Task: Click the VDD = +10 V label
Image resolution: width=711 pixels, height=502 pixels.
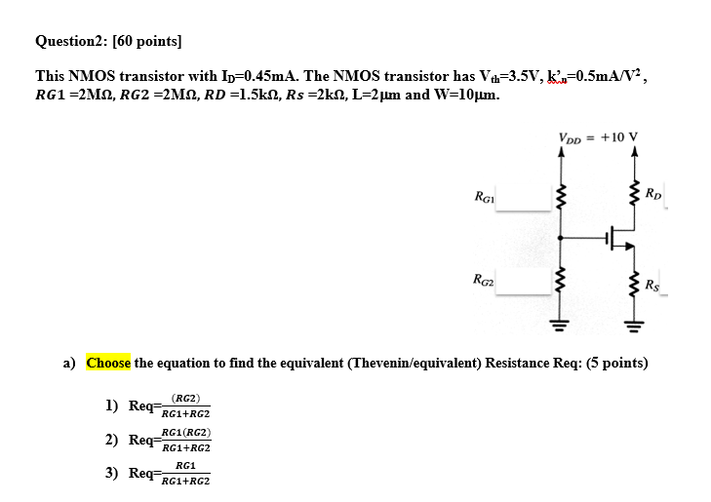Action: tap(598, 136)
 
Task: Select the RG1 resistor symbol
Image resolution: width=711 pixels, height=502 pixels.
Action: tap(560, 197)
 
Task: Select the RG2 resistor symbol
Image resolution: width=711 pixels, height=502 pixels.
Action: tap(560, 284)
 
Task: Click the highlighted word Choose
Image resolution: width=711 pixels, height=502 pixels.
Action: tap(108, 363)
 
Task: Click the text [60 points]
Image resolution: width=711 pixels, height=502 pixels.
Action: tap(147, 41)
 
